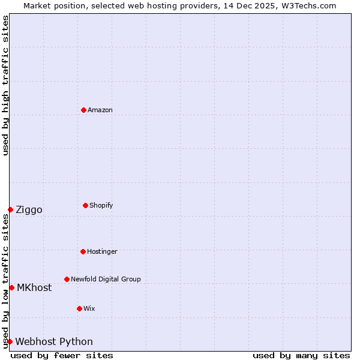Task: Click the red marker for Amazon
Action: point(83,110)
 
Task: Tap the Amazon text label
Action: point(100,110)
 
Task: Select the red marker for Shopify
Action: point(85,205)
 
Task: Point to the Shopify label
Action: point(101,205)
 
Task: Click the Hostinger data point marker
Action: point(83,251)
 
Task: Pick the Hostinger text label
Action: point(102,251)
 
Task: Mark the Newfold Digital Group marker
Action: point(67,279)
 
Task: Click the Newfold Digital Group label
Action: point(106,279)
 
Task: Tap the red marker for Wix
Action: point(79,308)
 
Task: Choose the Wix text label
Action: point(89,308)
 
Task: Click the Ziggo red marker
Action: point(10,209)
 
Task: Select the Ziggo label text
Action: point(29,209)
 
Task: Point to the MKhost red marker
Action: point(11,287)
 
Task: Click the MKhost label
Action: point(34,287)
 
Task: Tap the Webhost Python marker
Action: point(10,341)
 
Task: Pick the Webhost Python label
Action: point(54,341)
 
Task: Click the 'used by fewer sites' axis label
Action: point(62,355)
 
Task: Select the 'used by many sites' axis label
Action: point(301,355)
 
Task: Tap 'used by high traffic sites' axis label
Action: point(5,85)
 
